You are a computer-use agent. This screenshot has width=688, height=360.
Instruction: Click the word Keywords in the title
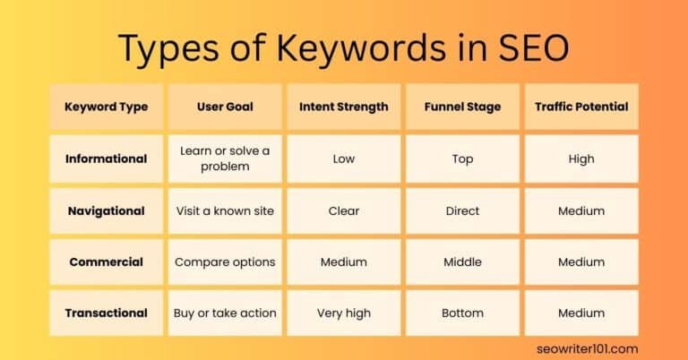coord(345,47)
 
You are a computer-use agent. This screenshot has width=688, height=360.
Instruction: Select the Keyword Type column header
coord(106,107)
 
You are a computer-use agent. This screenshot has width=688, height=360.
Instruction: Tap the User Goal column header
coord(225,107)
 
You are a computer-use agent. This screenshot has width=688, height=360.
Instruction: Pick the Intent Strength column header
coord(343,107)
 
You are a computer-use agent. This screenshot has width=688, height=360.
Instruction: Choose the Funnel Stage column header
coord(462,107)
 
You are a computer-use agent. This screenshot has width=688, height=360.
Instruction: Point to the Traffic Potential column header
coord(580,107)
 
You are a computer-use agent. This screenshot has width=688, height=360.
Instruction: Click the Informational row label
coord(106,159)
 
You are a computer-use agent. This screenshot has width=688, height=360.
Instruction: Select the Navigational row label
coord(106,210)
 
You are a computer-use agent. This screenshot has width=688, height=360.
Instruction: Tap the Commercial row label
coord(106,261)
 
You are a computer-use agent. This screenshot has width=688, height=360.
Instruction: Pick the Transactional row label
coord(106,313)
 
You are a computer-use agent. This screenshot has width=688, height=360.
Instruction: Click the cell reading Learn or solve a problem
coord(225,159)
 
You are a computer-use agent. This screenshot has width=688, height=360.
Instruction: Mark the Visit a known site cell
coord(225,210)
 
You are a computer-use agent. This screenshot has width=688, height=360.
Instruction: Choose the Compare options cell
coord(225,261)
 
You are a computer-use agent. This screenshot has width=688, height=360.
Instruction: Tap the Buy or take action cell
coord(225,313)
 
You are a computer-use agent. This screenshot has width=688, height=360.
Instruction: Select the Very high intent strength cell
coord(343,313)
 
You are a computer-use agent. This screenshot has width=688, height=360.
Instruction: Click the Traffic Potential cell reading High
coord(580,159)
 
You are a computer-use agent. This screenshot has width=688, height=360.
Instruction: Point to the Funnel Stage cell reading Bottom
coord(462,313)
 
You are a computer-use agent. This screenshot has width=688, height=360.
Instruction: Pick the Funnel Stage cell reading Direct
coord(462,210)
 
